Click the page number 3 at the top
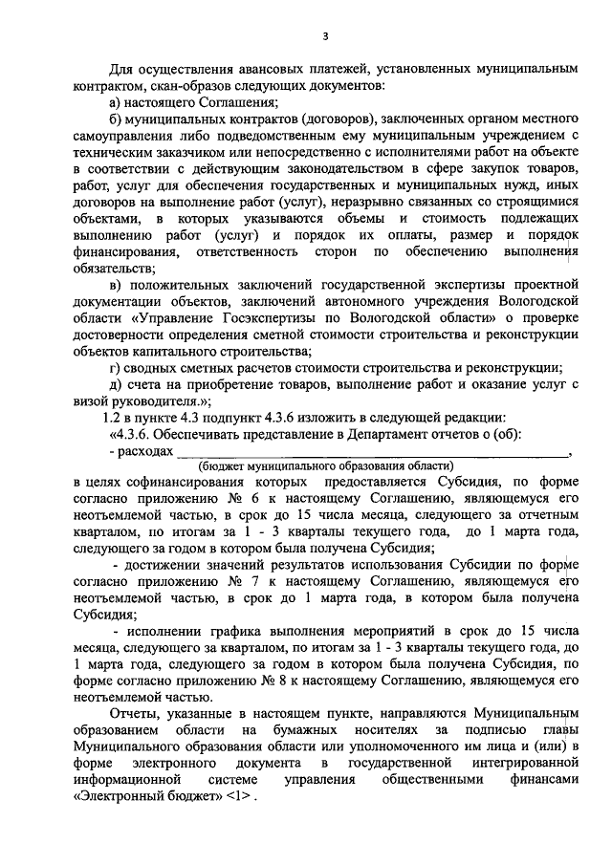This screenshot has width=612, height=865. click(325, 36)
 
